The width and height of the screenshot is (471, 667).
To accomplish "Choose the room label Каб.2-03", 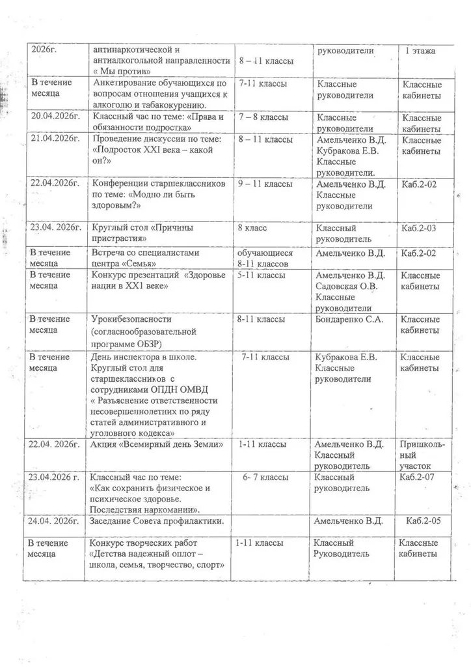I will click(420, 228).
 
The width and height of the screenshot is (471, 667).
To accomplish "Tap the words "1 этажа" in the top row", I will click(420, 50).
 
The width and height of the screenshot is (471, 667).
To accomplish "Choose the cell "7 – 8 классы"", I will click(263, 117).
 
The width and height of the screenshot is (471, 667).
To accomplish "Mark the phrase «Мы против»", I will click(124, 71).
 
